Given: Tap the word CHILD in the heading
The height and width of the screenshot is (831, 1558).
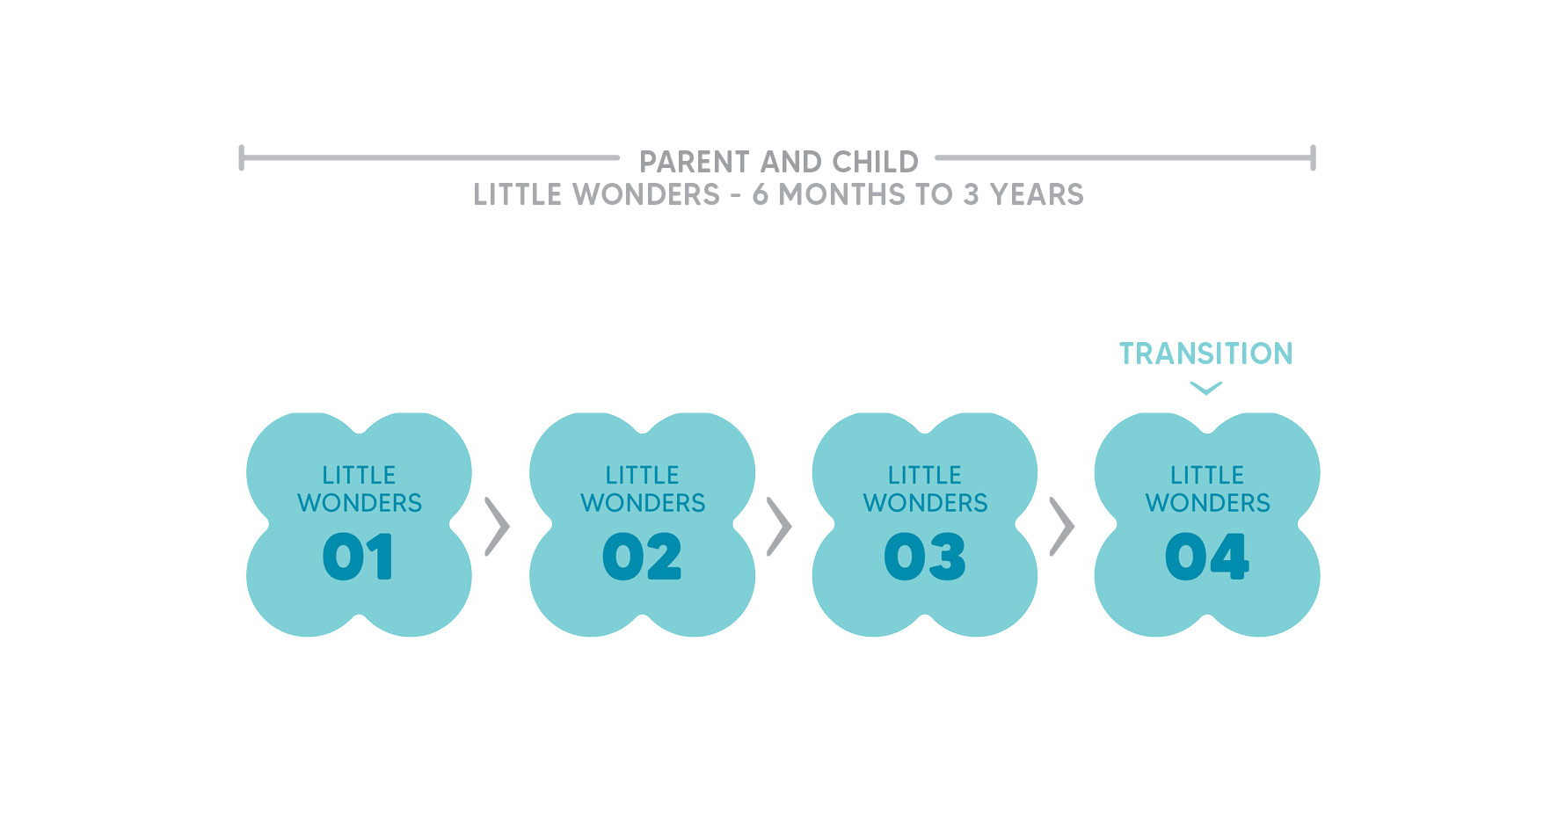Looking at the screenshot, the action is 875,162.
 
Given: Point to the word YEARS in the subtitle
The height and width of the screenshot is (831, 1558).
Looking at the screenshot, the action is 1037,194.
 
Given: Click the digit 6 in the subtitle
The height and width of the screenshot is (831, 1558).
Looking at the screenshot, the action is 761,194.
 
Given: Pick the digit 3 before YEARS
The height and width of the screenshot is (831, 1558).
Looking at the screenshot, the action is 971,194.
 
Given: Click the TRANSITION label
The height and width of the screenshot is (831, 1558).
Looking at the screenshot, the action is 1206,354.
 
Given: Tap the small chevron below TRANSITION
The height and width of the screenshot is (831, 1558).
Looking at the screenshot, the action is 1206,388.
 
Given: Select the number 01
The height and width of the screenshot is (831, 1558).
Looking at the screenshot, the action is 359,557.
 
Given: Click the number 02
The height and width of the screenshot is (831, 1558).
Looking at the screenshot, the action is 642,557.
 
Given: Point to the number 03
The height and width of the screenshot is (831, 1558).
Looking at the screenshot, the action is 925,557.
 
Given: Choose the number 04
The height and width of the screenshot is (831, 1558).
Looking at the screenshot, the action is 1207,557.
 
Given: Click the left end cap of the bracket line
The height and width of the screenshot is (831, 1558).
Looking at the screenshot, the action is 242,158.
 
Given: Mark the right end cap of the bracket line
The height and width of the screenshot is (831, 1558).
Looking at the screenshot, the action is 1313,158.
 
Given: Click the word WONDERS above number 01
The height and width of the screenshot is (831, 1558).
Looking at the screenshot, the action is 360,503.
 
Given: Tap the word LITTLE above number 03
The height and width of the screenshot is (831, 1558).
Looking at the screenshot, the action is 925,475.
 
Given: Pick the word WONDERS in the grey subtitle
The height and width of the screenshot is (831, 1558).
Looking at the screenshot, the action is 646,194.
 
